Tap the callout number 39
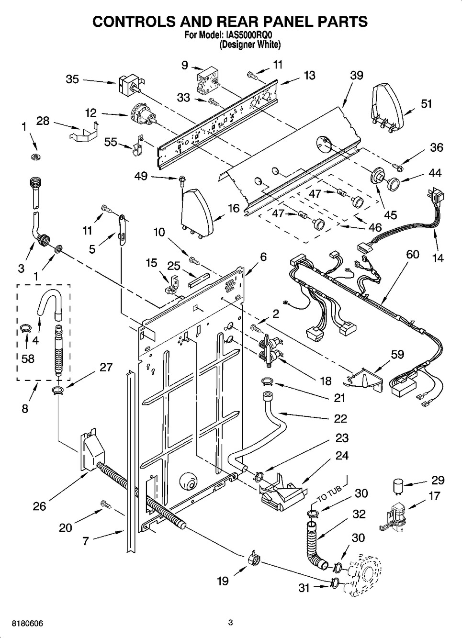coord(356,75)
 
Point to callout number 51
coord(426,103)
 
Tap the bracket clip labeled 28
coord(85,132)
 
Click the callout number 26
coord(40,506)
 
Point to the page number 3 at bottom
coord(231,623)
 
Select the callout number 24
coord(341,456)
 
